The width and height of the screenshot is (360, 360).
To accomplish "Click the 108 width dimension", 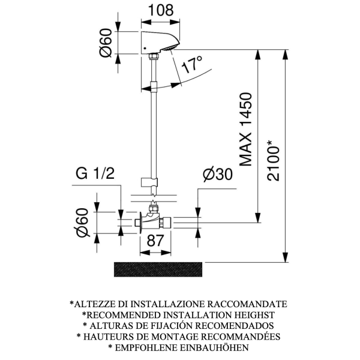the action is pyautogui.click(x=161, y=11).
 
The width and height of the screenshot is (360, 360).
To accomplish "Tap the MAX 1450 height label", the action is pyautogui.click(x=245, y=129).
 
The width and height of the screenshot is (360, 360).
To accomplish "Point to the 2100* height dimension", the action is pyautogui.click(x=273, y=160).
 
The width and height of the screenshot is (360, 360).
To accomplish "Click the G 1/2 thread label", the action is pyautogui.click(x=95, y=173).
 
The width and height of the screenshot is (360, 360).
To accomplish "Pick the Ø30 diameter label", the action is pyautogui.click(x=218, y=174).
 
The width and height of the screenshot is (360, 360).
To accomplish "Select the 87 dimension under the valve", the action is pyautogui.click(x=155, y=241).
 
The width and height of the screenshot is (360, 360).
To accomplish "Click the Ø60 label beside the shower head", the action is pyautogui.click(x=106, y=43).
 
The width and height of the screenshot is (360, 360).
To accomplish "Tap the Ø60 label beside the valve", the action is pyautogui.click(x=82, y=223).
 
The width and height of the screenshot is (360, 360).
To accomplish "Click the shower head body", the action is pyautogui.click(x=158, y=42).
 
